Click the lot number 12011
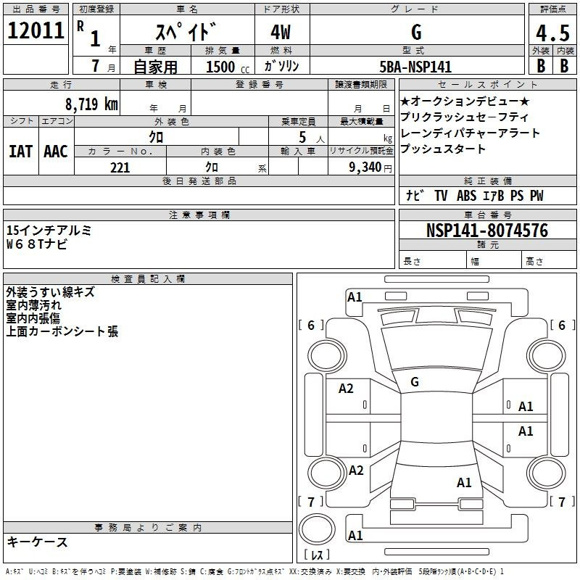(36, 30)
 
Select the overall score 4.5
(552, 33)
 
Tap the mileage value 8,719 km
(91, 104)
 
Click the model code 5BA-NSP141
(415, 67)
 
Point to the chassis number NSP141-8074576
(487, 231)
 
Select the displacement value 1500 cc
(228, 67)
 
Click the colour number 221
(120, 167)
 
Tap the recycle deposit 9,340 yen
(370, 167)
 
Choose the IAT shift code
(20, 152)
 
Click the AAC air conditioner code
(56, 152)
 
